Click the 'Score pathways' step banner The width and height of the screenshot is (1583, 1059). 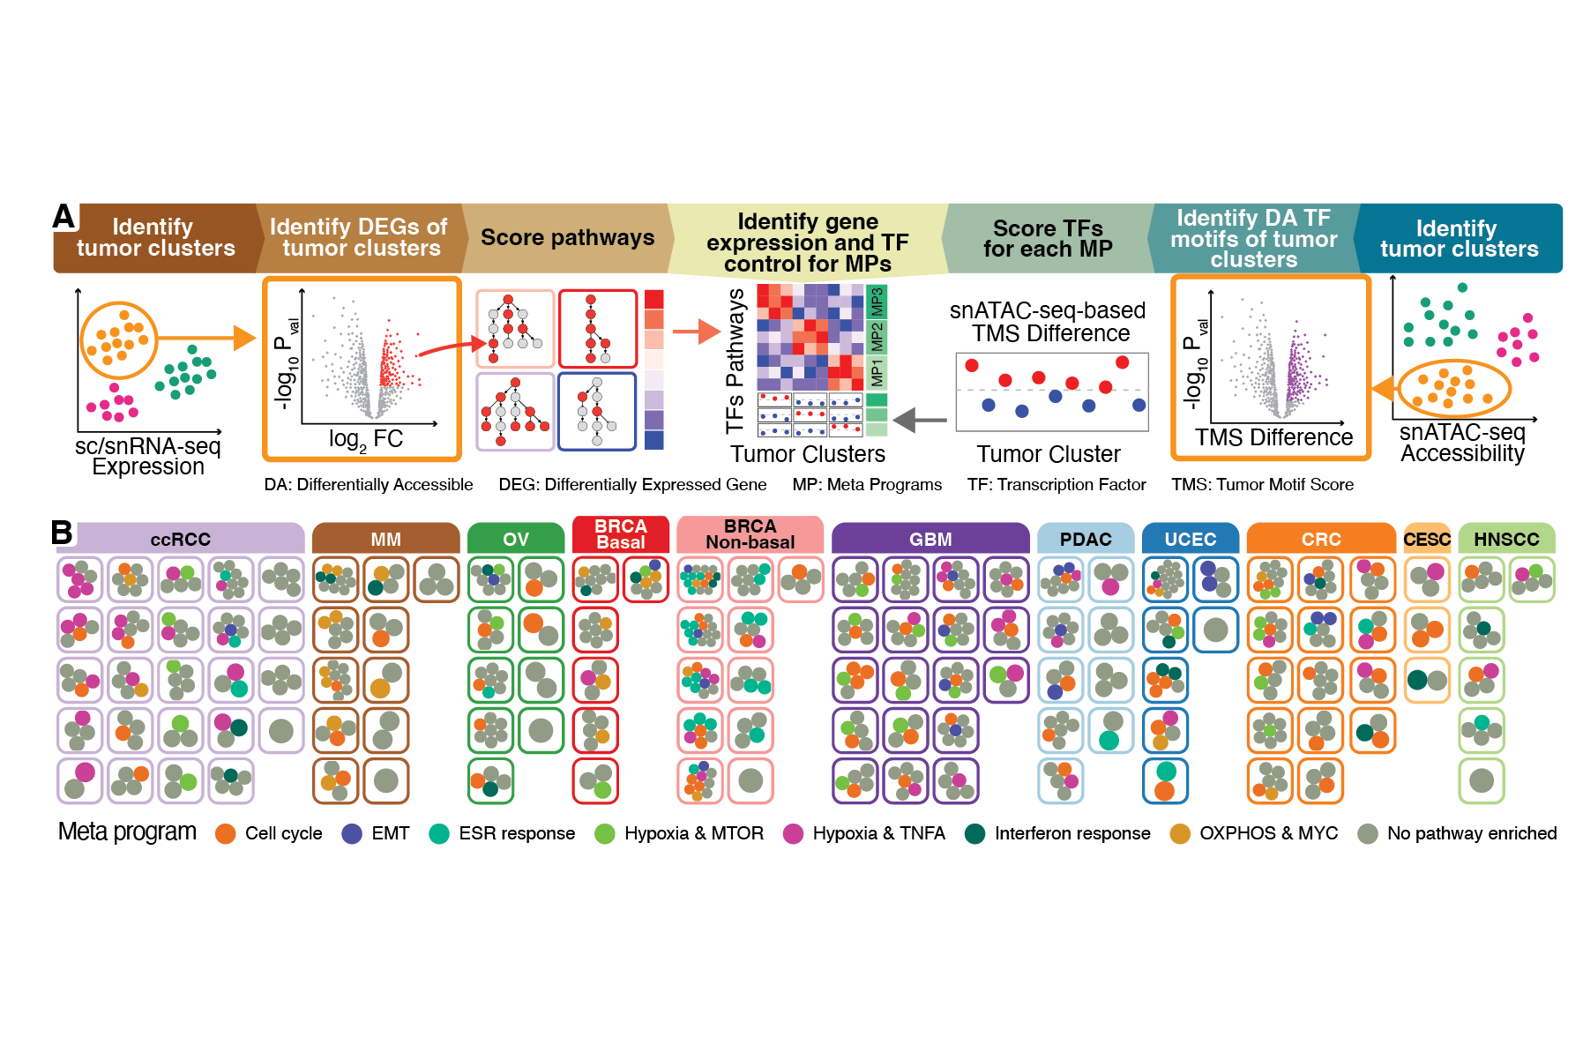(x=567, y=238)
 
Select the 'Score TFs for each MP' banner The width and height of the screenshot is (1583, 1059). (x=1048, y=239)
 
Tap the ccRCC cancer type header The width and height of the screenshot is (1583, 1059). (x=180, y=539)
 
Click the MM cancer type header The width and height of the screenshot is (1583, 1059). (x=385, y=539)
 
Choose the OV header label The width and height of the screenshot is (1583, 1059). (x=516, y=539)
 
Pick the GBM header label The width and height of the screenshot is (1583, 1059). (x=930, y=539)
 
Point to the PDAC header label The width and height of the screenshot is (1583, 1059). (x=1086, y=539)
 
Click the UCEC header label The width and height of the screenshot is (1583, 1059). (x=1190, y=539)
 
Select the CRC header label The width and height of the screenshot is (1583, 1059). (x=1321, y=539)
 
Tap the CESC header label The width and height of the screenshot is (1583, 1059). (x=1427, y=539)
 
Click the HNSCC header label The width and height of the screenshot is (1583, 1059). (x=1506, y=539)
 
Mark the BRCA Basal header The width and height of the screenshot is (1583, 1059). (x=621, y=534)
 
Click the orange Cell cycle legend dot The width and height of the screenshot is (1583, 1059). (x=226, y=833)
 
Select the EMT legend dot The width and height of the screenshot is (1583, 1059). (x=352, y=833)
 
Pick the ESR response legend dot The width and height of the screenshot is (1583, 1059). (x=439, y=833)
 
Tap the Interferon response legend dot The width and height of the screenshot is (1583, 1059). (x=974, y=833)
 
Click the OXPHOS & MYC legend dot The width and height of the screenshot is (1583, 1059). (x=1180, y=833)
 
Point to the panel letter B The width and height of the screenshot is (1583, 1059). (x=62, y=532)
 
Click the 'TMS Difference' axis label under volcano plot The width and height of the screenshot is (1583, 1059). (x=1273, y=437)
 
